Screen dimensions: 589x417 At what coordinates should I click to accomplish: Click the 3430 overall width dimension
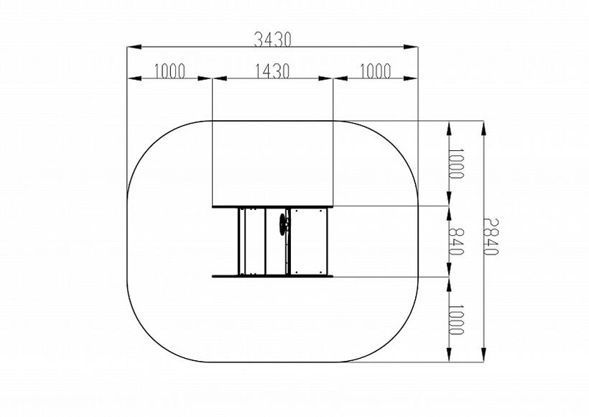(273, 40)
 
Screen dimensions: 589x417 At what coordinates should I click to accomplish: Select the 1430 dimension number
(273, 71)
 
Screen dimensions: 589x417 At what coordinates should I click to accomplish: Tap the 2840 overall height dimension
(491, 237)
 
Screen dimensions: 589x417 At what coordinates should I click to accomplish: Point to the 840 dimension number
(456, 242)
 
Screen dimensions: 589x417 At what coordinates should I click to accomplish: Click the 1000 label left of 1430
(170, 71)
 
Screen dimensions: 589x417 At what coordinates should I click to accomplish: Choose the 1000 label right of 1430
(376, 71)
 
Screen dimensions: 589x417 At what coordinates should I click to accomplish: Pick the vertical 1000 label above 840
(456, 163)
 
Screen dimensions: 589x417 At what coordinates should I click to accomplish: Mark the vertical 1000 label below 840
(456, 320)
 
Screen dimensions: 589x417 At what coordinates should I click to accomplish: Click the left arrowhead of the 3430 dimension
(134, 47)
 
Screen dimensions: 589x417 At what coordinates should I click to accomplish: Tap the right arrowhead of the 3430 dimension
(411, 47)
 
